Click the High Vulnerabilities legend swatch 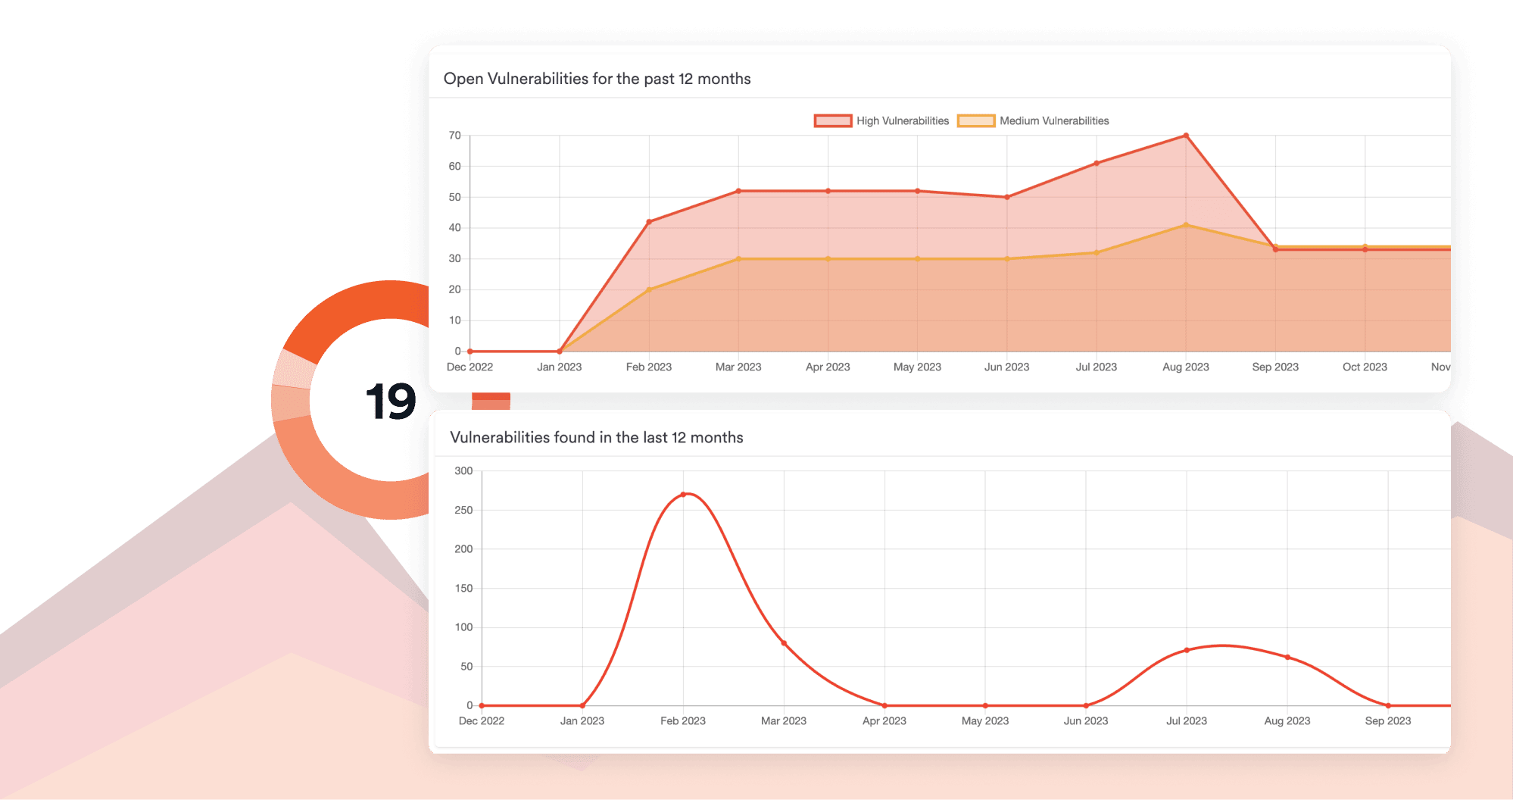pyautogui.click(x=832, y=120)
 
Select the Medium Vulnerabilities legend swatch pyautogui.click(x=975, y=120)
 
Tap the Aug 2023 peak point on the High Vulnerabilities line pyautogui.click(x=1186, y=136)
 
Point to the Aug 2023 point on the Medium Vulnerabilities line pyautogui.click(x=1186, y=225)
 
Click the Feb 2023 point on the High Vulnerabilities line pyautogui.click(x=649, y=222)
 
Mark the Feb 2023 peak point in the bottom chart pyautogui.click(x=683, y=495)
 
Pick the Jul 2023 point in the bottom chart pyautogui.click(x=1187, y=650)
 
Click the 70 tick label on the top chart pyautogui.click(x=454, y=136)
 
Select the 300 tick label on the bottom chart pyautogui.click(x=463, y=470)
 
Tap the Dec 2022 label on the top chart pyautogui.click(x=469, y=367)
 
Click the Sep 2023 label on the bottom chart pyautogui.click(x=1387, y=720)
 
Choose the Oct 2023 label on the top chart pyautogui.click(x=1365, y=367)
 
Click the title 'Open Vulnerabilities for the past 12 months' pyautogui.click(x=597, y=79)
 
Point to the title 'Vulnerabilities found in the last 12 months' pyautogui.click(x=596, y=437)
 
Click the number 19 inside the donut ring pyautogui.click(x=390, y=402)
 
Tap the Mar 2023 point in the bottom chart pyautogui.click(x=784, y=643)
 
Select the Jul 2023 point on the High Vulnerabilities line pyautogui.click(x=1097, y=164)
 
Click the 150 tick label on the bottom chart pyautogui.click(x=463, y=588)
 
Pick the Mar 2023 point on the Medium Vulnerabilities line pyautogui.click(x=738, y=259)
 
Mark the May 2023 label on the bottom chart pyautogui.click(x=984, y=720)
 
